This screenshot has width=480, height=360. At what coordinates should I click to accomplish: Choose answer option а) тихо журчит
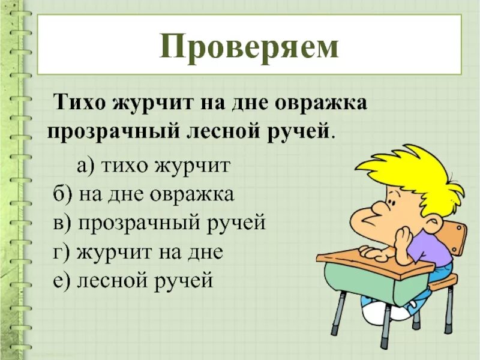click(153, 166)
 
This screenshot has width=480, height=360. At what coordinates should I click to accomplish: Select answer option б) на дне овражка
click(143, 194)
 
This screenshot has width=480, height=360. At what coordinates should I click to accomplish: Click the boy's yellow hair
click(414, 174)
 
